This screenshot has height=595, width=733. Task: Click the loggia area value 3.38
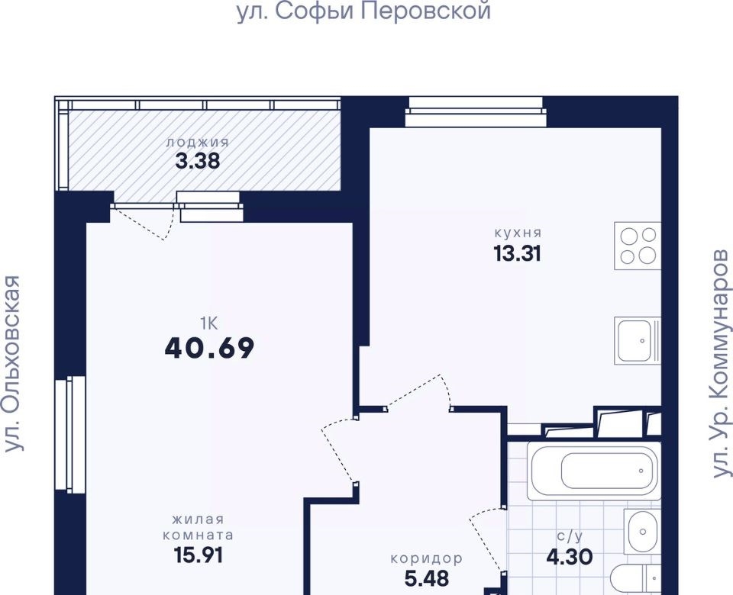[x=197, y=161]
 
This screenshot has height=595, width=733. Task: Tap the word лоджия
[x=197, y=142]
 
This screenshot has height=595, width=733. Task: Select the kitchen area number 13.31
[x=517, y=253]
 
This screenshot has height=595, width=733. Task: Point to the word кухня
[x=518, y=233]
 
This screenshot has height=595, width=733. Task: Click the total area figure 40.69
[x=209, y=348]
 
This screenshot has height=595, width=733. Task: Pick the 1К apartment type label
[x=209, y=323]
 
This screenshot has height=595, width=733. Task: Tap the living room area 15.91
[x=199, y=555]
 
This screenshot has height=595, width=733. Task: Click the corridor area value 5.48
[x=426, y=579]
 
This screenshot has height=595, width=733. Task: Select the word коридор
[x=426, y=558]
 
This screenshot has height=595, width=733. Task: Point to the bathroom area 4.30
[x=570, y=557]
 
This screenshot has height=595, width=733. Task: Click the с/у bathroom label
[x=570, y=536]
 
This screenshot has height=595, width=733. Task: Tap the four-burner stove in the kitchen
[x=638, y=246]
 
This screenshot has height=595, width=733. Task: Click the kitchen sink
[x=638, y=340]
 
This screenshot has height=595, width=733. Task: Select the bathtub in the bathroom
[x=594, y=471]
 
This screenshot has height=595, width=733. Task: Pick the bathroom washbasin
[x=642, y=532]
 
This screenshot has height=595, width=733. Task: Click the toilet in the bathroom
[x=636, y=579]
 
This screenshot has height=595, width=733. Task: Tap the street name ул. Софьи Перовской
[x=363, y=11]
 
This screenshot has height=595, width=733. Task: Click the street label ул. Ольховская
[x=13, y=363]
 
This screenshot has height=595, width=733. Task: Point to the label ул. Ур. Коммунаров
[x=720, y=363]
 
